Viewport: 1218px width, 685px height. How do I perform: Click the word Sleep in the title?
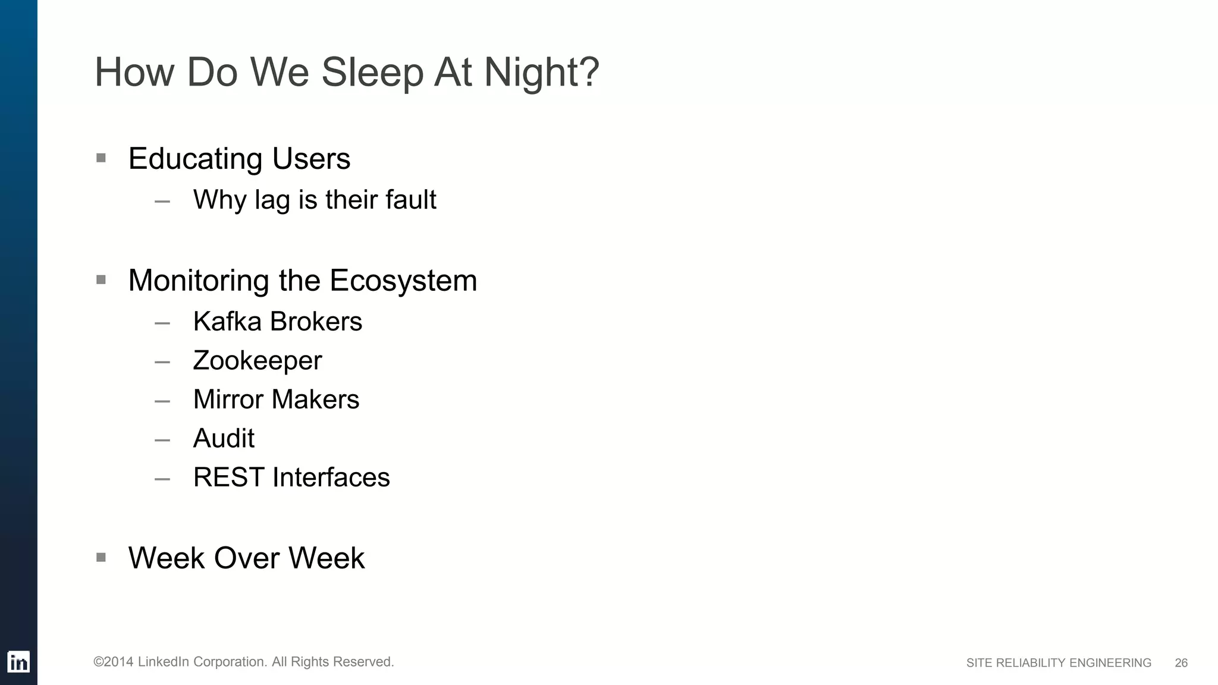tap(372, 73)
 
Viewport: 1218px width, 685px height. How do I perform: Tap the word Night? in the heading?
tap(541, 73)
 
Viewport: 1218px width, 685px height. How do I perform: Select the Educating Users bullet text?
tap(239, 159)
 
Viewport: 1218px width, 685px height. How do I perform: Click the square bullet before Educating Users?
tap(101, 158)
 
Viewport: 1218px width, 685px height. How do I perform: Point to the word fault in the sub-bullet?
tap(410, 199)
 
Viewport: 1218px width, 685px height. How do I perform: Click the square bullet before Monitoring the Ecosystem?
tap(101, 279)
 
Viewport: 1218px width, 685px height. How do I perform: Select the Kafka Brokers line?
tap(277, 322)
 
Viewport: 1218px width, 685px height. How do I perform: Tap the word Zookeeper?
tap(257, 361)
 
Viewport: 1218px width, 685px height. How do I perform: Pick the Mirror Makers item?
tap(276, 400)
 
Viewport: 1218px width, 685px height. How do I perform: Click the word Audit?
tap(224, 439)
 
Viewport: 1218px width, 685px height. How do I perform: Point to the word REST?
tap(229, 477)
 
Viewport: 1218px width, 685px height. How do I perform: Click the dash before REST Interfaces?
tap(162, 479)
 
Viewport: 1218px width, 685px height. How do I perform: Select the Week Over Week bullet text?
tap(246, 558)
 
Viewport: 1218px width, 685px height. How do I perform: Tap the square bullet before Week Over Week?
tap(101, 557)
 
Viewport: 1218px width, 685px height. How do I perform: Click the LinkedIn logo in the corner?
tap(18, 662)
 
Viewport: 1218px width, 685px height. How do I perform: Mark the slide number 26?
tap(1181, 663)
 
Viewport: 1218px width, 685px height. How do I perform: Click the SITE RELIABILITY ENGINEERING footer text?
tap(1059, 663)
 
